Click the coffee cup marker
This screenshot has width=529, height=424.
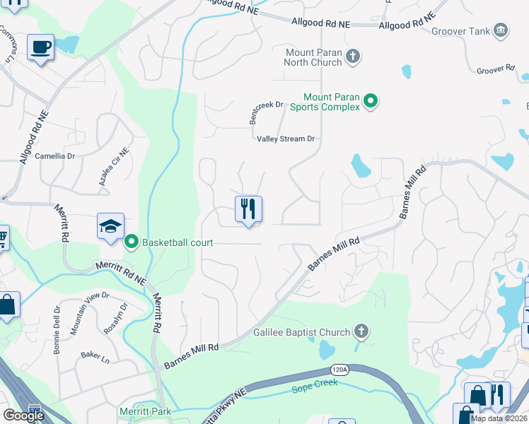point(40,47)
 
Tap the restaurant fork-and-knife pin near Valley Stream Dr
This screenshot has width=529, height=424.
point(248,208)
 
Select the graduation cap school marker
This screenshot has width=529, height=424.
point(111,226)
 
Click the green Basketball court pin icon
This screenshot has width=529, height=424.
point(132,242)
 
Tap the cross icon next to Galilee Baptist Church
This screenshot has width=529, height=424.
point(361,332)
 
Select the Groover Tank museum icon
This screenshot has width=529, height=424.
point(501,30)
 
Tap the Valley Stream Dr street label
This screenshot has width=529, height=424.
point(285,139)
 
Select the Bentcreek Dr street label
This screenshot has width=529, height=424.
point(266,112)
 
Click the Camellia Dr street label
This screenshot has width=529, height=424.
point(54,155)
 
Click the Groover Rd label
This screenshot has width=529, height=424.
point(495,69)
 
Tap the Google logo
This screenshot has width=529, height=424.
point(23,416)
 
